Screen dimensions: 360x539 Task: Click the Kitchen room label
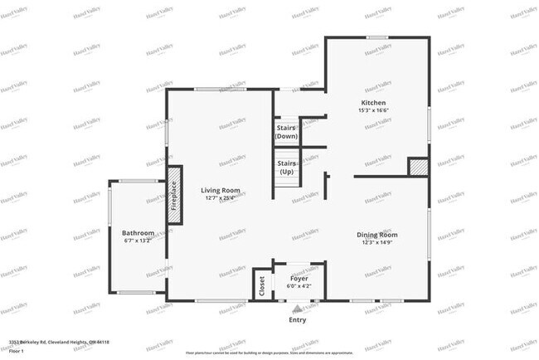(372, 103)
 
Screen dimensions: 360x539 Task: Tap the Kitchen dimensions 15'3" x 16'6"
(372, 110)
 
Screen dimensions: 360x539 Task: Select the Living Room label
(219, 191)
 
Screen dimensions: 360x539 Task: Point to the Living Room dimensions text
(219, 198)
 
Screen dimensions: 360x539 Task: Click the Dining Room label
(377, 235)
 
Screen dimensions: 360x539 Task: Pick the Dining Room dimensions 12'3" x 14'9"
(377, 242)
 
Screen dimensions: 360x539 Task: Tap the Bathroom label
(138, 233)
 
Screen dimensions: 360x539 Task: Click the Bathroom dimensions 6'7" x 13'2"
(138, 241)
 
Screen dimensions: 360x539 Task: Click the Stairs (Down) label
(287, 132)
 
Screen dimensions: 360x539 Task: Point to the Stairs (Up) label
(287, 167)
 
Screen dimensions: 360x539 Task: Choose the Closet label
(262, 286)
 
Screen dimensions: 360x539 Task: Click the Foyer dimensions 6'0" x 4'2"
(299, 285)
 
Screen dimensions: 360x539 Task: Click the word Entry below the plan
(297, 319)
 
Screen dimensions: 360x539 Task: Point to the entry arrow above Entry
(297, 308)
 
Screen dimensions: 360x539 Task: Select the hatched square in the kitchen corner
(417, 167)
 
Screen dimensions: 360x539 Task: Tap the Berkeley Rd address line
(59, 342)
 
